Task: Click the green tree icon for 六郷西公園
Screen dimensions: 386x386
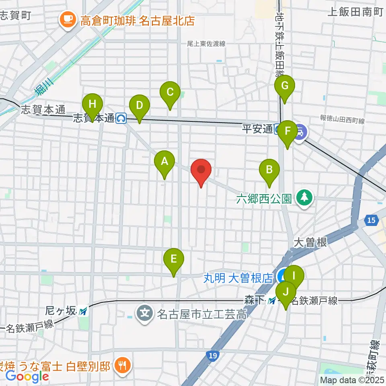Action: pos(304,198)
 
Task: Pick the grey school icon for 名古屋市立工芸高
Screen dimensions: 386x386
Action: pos(144,312)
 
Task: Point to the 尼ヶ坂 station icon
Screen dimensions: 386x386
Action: pos(83,311)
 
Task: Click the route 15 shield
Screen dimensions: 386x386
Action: pos(372,220)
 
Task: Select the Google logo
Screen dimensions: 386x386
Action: pos(27,376)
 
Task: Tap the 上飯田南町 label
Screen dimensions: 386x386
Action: pos(355,12)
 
